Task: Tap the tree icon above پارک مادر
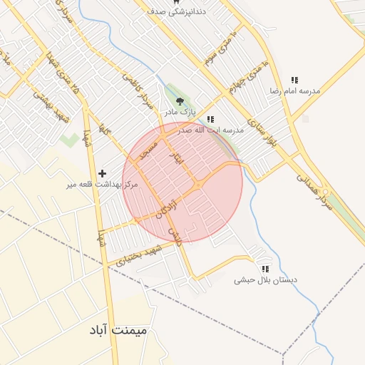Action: pyautogui.click(x=180, y=102)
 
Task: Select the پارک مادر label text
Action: pyautogui.click(x=180, y=113)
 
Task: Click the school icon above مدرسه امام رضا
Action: pyautogui.click(x=294, y=81)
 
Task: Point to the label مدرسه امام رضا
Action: pyautogui.click(x=294, y=91)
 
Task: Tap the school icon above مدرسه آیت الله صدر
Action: pyautogui.click(x=210, y=120)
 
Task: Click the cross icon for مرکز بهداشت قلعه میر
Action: pyautogui.click(x=103, y=173)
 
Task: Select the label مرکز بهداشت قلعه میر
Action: pyautogui.click(x=102, y=185)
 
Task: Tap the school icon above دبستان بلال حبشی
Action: pyautogui.click(x=265, y=269)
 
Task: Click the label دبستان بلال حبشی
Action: pyautogui.click(x=264, y=281)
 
